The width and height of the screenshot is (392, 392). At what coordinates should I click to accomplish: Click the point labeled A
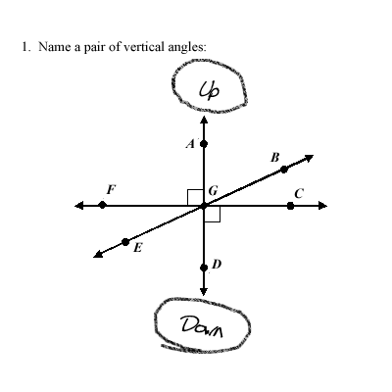point(204,143)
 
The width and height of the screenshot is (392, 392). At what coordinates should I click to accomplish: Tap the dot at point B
point(284,170)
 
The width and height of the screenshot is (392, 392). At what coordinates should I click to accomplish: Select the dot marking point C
point(290,206)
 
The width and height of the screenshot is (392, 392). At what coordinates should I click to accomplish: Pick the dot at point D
point(204,268)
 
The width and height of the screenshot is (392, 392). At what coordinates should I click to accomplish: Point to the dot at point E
point(125,242)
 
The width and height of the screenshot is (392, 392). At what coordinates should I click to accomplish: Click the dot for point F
point(103,205)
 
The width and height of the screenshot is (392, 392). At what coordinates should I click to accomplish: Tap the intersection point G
point(204,206)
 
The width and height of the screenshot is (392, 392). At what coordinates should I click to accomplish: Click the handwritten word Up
point(209,89)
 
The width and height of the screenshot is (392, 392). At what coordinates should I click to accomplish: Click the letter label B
point(275,158)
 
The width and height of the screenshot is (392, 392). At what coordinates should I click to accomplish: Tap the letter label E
point(138,248)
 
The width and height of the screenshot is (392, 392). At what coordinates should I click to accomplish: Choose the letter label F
point(111,189)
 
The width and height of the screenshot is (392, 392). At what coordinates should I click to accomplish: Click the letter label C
point(299,194)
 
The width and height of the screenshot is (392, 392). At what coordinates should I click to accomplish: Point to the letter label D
point(217,264)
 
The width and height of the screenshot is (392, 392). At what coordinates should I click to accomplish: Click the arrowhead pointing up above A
point(204,120)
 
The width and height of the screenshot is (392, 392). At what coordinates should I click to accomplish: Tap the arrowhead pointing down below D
point(204,291)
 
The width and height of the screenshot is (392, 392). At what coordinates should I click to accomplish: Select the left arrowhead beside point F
point(79,206)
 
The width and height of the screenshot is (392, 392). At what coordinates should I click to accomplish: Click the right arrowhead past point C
point(322,206)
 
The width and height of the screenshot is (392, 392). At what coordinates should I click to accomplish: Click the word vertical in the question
point(147,47)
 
